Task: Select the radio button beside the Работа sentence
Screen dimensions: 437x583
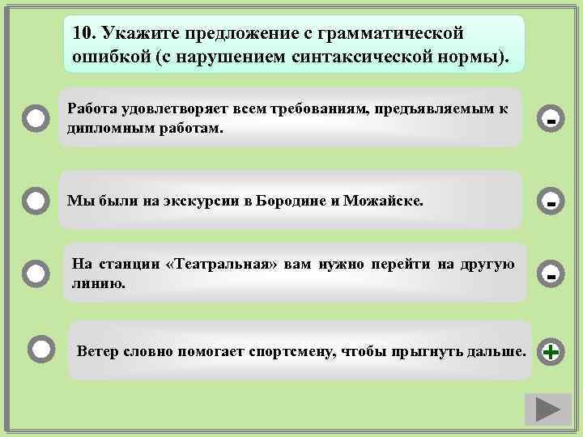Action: pos(36,119)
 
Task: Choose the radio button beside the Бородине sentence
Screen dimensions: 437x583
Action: pos(36,199)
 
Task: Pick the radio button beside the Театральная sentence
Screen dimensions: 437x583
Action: pos(36,274)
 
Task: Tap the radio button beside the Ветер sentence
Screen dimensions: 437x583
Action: pos(42,350)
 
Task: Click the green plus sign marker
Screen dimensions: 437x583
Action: pos(551,352)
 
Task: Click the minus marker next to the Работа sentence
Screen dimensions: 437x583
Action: pos(551,121)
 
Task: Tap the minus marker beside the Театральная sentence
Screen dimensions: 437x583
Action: pos(551,274)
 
